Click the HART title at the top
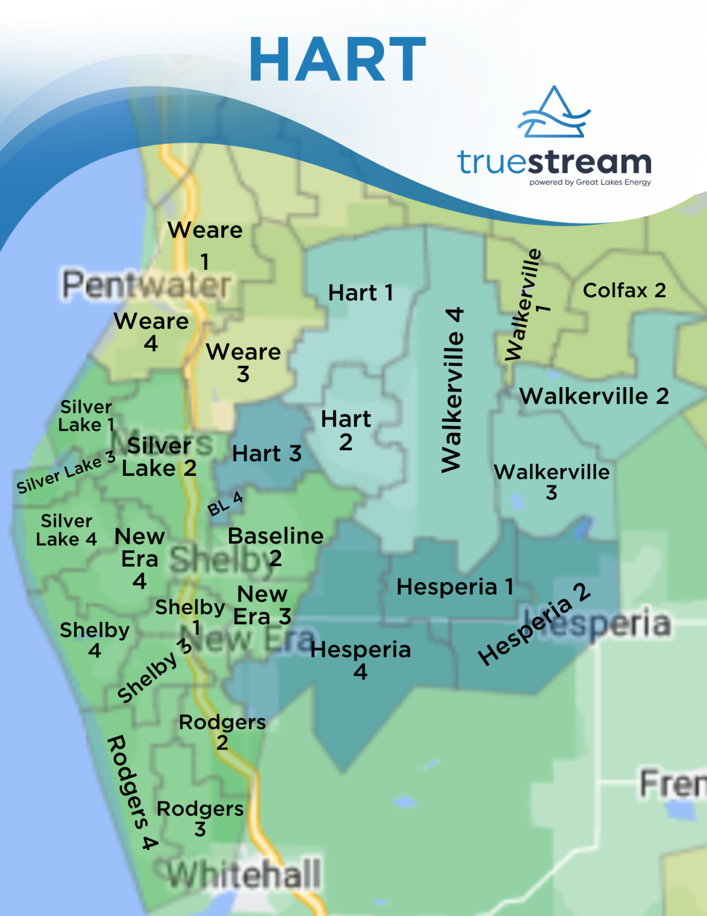(337, 59)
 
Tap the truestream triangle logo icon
(554, 113)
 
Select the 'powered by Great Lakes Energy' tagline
(590, 182)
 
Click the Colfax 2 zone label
(624, 290)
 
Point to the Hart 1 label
(360, 293)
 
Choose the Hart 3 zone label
(267, 454)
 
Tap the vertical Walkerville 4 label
(452, 390)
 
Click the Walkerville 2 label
(594, 396)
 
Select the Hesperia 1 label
(455, 587)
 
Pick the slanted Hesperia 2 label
(534, 624)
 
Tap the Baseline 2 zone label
(276, 546)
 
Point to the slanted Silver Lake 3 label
(66, 472)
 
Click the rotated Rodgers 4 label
(132, 792)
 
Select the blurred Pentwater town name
(146, 285)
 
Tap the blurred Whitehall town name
(244, 875)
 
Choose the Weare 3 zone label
(243, 363)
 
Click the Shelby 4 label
(94, 640)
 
